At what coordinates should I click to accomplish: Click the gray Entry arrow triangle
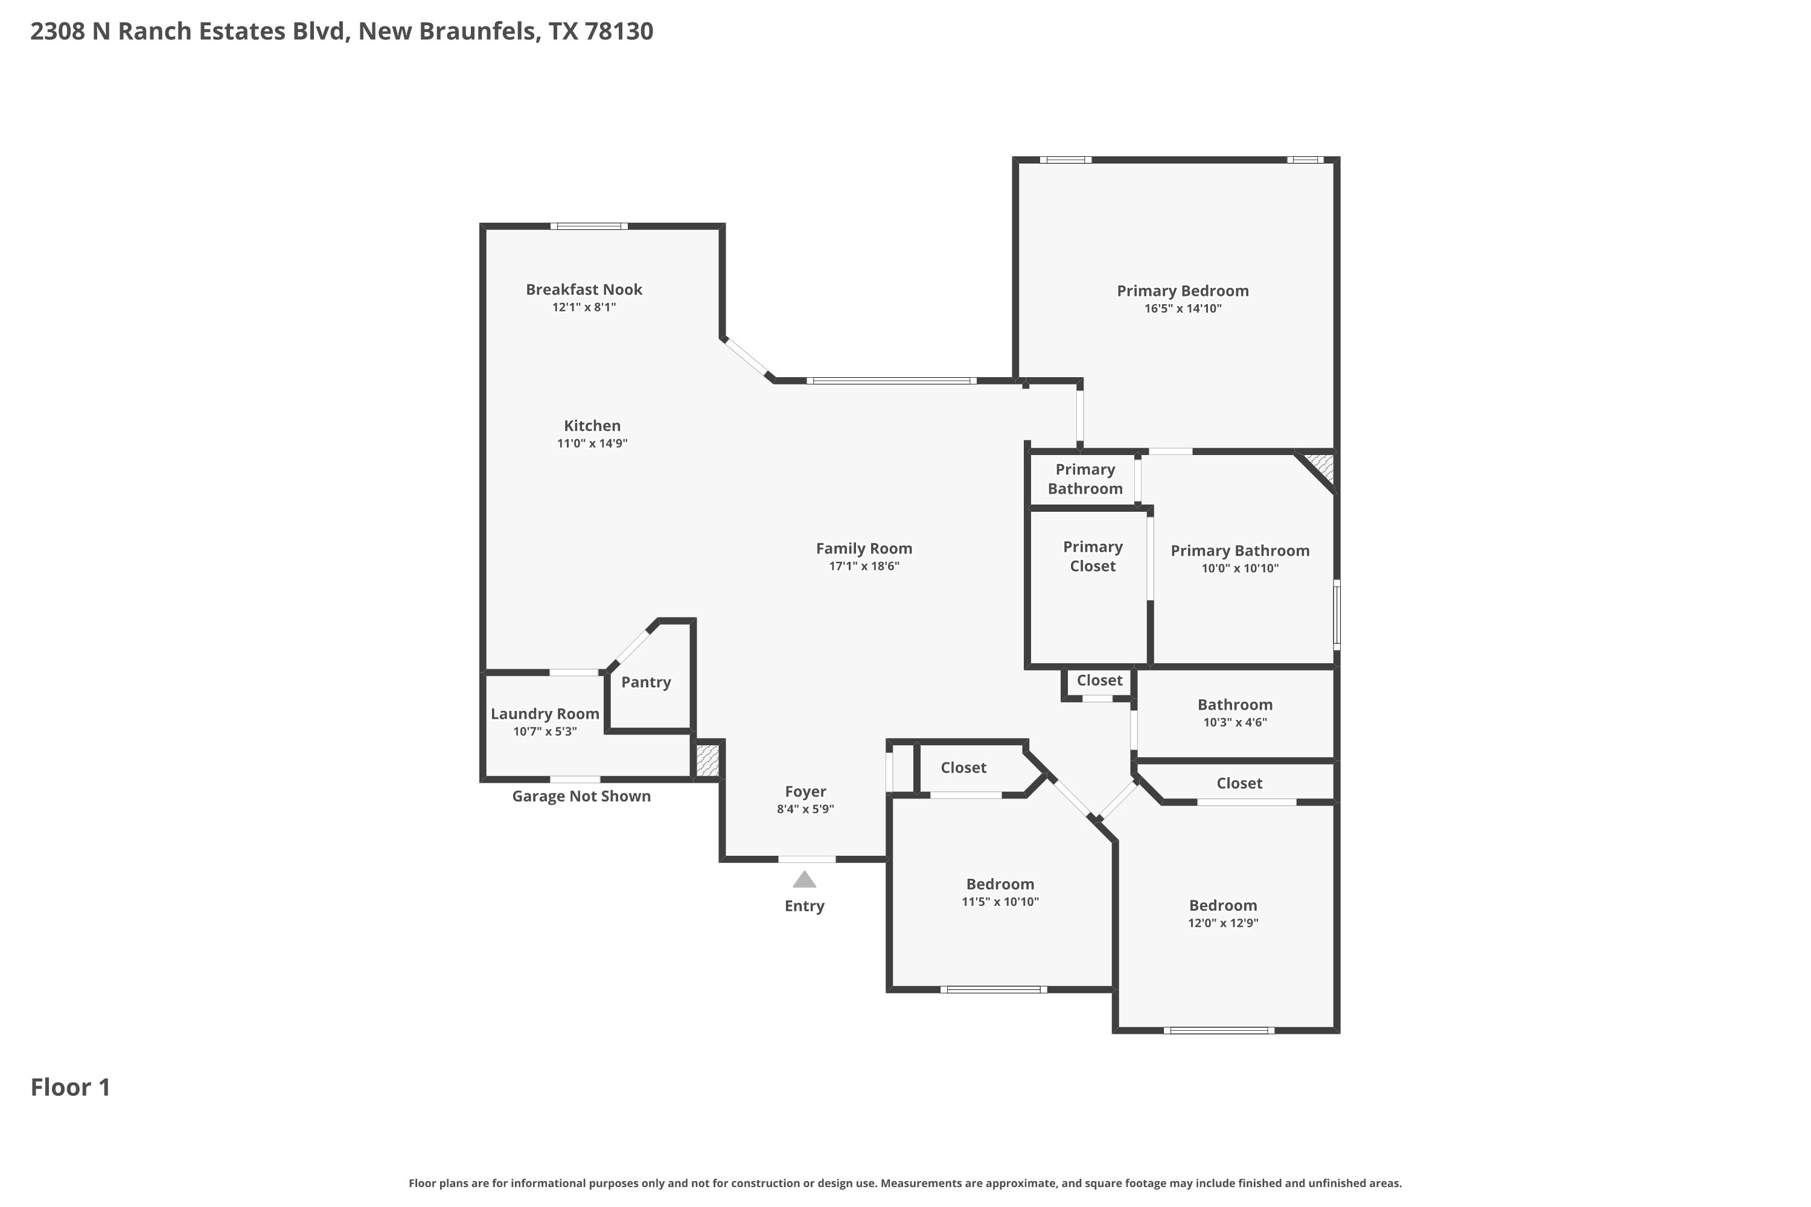tap(804, 879)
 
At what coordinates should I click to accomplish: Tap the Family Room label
tap(864, 549)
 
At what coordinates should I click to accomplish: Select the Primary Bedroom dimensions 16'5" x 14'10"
tap(1183, 308)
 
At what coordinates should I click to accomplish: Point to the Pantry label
tap(646, 682)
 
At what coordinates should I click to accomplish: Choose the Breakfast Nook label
tap(584, 290)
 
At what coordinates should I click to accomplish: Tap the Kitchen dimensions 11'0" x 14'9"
tap(592, 444)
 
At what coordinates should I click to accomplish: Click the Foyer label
tap(805, 792)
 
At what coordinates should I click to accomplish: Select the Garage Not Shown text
tap(581, 797)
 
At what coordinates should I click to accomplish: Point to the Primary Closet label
tap(1093, 556)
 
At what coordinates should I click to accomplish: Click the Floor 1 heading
tap(71, 1087)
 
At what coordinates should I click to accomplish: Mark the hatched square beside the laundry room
tap(707, 760)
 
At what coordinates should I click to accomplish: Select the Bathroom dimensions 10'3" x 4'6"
tap(1235, 722)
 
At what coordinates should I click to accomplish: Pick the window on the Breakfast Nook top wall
tap(589, 226)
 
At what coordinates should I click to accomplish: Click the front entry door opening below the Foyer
tap(807, 859)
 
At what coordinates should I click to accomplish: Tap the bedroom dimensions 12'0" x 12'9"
tap(1223, 923)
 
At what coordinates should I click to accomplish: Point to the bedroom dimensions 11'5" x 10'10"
tap(1000, 902)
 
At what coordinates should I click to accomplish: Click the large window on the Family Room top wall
tap(892, 380)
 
